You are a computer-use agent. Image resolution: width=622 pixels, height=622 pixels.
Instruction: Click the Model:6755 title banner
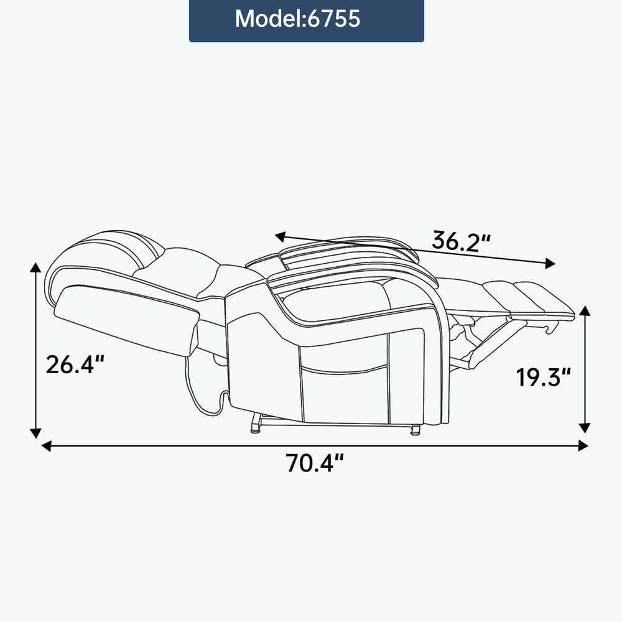[x=306, y=19]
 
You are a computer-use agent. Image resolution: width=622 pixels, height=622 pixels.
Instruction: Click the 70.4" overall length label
[x=315, y=464]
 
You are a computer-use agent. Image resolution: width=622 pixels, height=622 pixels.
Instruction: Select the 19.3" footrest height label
[x=542, y=376]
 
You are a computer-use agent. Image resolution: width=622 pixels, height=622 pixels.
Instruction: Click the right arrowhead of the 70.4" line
[x=583, y=445]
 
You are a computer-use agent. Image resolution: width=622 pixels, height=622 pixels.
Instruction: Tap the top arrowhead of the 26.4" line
[x=36, y=268]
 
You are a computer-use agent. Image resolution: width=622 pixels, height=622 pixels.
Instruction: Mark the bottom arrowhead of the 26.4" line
[x=36, y=432]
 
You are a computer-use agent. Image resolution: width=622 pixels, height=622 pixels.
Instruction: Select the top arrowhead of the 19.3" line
[x=584, y=311]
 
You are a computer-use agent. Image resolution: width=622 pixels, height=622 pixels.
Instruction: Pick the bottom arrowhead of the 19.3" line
[x=584, y=427]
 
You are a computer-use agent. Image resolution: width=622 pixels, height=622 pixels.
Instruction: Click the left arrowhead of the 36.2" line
[x=281, y=236]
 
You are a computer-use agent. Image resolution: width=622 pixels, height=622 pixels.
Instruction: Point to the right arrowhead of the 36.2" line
[x=549, y=264]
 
